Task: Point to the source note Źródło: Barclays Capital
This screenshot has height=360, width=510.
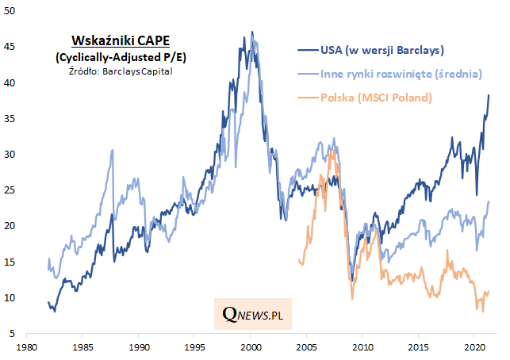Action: (121, 71)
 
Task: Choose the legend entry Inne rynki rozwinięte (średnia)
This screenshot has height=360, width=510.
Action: (401, 75)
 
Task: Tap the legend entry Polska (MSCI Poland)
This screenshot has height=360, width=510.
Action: (375, 98)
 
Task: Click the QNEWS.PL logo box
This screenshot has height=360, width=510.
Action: (253, 315)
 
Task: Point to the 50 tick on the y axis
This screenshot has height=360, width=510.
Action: (13, 11)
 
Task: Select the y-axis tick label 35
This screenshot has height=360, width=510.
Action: (13, 119)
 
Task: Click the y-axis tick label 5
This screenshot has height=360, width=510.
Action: (15, 334)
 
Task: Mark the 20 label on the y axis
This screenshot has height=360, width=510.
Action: (13, 227)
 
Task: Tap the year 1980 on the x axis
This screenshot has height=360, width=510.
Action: (27, 348)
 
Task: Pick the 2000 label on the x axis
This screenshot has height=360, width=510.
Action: (251, 348)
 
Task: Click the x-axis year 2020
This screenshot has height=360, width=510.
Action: (474, 348)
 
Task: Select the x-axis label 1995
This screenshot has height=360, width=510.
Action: (194, 348)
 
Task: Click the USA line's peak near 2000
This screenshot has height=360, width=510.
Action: (252, 33)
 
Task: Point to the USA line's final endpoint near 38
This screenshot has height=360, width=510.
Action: (489, 95)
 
